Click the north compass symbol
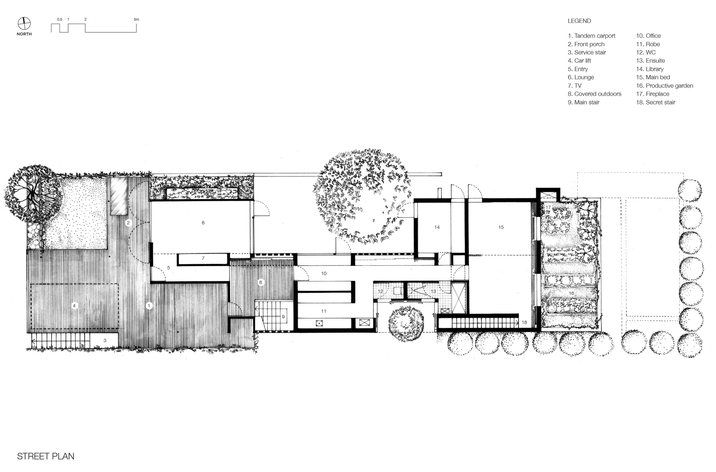pyautogui.click(x=24, y=24)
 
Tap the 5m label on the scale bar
pyautogui.click(x=136, y=19)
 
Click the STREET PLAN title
pyautogui.click(x=45, y=456)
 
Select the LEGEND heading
pyautogui.click(x=579, y=21)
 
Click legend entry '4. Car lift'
pyautogui.click(x=579, y=60)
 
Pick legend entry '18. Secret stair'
pyautogui.click(x=655, y=102)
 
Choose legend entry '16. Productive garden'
pyautogui.click(x=664, y=86)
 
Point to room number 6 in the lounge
pyautogui.click(x=203, y=223)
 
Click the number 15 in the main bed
pyautogui.click(x=501, y=227)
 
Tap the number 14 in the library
pyautogui.click(x=437, y=227)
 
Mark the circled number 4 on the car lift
pyautogui.click(x=74, y=306)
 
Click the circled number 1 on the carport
pyautogui.click(x=149, y=306)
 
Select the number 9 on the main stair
pyautogui.click(x=283, y=317)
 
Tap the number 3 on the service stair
pyautogui.click(x=105, y=340)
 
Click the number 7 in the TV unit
pyautogui.click(x=203, y=258)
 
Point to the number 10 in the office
pyautogui.click(x=324, y=273)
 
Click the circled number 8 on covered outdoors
pyautogui.click(x=261, y=282)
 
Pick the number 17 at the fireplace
pyautogui.click(x=548, y=208)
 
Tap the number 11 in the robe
pyautogui.click(x=324, y=311)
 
